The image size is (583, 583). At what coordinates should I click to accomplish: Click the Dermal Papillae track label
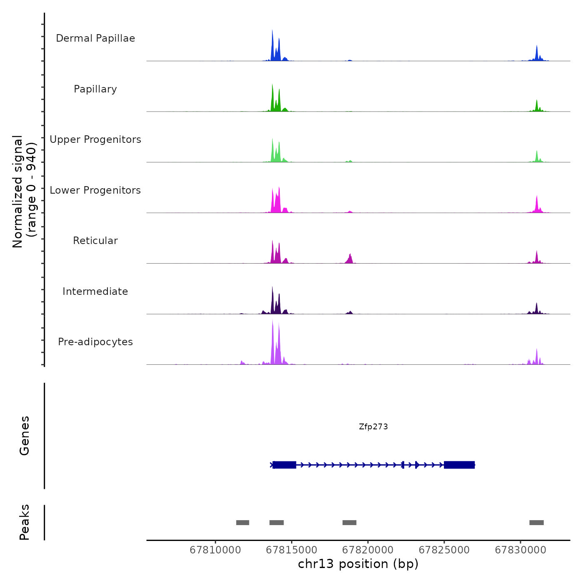(95, 38)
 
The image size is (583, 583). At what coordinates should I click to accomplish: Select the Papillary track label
(95, 89)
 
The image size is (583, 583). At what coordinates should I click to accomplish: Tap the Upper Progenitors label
(95, 140)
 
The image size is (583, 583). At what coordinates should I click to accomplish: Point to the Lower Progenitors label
(95, 190)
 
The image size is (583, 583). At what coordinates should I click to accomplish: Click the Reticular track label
(95, 241)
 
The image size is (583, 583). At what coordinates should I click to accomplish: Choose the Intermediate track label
(95, 291)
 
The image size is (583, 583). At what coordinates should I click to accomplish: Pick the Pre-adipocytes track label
(95, 342)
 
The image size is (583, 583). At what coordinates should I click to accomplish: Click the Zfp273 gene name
(373, 427)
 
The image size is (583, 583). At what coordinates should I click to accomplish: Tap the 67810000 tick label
(215, 550)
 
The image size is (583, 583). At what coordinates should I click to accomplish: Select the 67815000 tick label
(291, 550)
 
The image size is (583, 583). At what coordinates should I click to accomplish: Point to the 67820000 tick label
(368, 550)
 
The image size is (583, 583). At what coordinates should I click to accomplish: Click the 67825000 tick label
(444, 550)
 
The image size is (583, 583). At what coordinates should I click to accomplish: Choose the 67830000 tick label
(521, 550)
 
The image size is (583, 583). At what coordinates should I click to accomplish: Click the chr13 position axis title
(358, 564)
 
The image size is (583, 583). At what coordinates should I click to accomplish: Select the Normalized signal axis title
(24, 191)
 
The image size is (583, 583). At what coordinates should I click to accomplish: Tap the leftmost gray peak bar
(242, 523)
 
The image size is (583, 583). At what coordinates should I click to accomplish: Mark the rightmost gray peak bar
(536, 523)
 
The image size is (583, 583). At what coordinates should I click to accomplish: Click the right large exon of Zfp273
(459, 465)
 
